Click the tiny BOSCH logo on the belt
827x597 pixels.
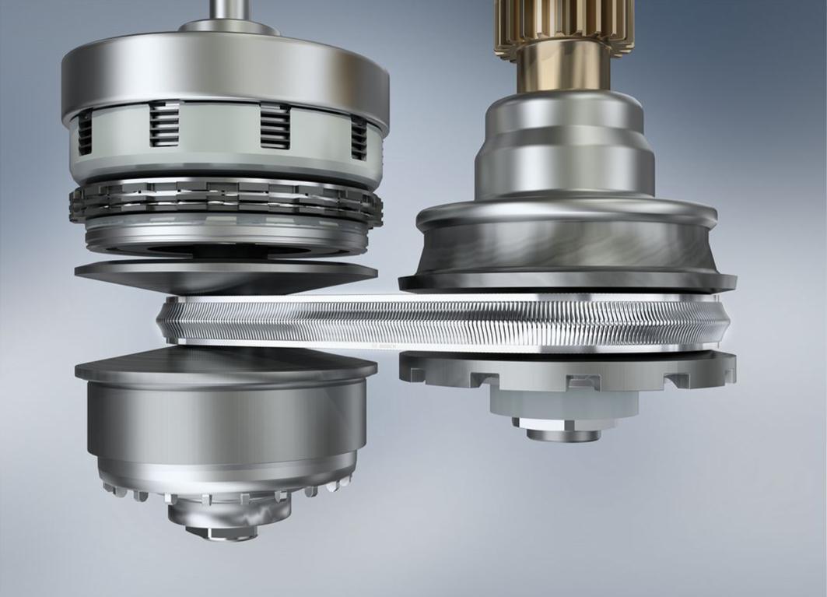(385, 344)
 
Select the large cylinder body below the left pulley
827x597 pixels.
(226, 420)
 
